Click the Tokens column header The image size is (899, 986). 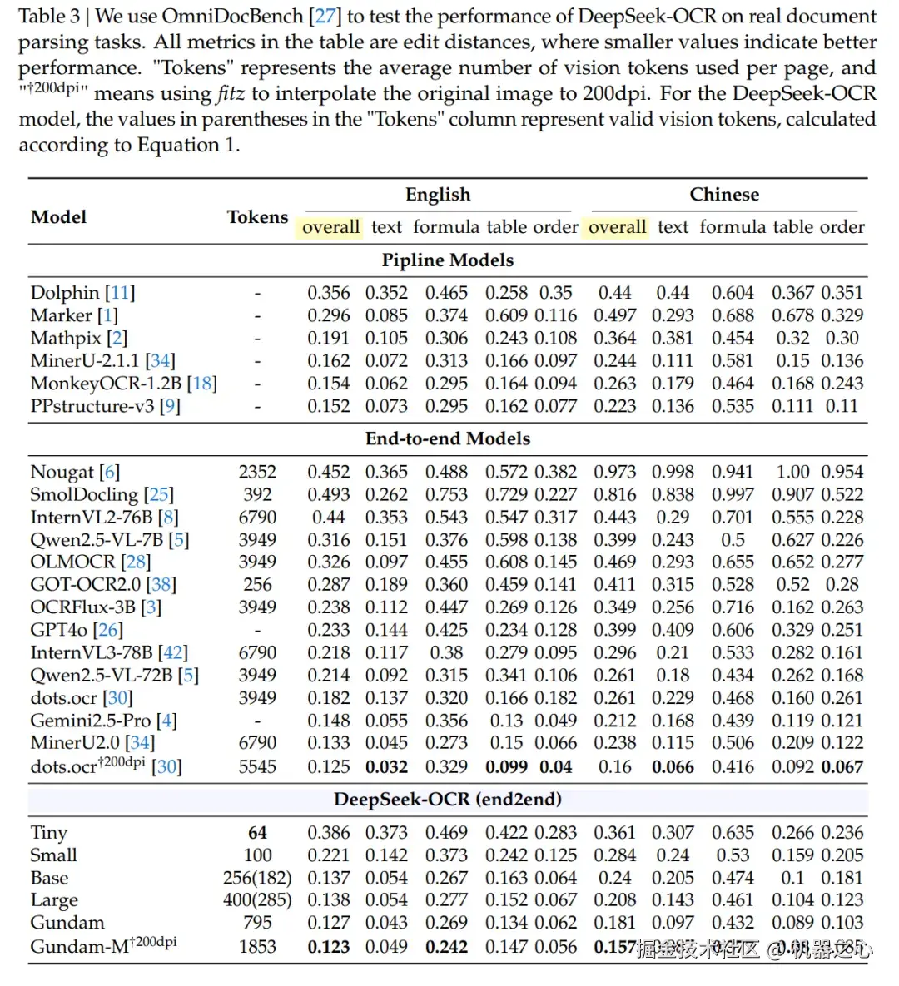257,217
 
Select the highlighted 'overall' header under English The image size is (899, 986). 330,227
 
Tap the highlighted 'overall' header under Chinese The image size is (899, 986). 617,227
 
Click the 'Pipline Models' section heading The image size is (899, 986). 448,260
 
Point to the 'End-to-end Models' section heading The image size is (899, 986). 448,438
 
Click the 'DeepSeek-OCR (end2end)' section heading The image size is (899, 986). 448,800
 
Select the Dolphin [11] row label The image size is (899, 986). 82,293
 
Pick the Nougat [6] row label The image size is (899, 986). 75,472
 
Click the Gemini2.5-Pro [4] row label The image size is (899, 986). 103,721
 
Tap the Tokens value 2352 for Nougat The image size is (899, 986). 257,472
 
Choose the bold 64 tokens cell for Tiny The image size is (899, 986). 257,833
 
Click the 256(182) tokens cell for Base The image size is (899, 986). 257,878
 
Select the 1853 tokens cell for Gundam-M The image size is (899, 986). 257,947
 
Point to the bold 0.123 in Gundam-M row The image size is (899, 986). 328,947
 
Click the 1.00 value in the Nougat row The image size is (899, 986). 792,472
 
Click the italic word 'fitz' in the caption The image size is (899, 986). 231,94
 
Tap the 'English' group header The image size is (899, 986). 438,195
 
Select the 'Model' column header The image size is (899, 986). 58,217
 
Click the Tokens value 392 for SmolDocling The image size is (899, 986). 257,494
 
